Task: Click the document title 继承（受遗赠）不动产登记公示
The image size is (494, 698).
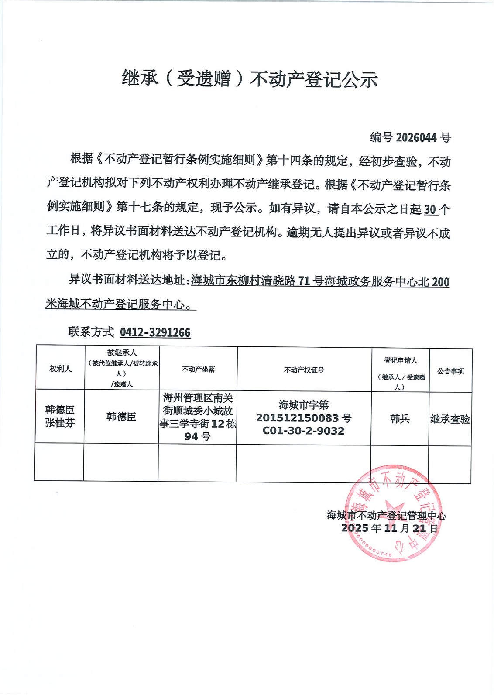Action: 249,79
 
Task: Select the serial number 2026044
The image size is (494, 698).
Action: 416,138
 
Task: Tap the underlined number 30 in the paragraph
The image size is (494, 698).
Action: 430,209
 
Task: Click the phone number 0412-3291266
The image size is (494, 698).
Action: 155,332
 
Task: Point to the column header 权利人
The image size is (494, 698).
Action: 60,369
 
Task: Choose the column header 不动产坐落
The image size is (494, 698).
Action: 198,369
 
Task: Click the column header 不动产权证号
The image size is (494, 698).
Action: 304,370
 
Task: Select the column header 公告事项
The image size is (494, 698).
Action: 450,371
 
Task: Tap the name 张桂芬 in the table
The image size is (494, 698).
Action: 60,423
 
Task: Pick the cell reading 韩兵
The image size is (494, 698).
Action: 400,419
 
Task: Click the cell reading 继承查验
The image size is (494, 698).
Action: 450,419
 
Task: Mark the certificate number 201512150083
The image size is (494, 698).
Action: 298,418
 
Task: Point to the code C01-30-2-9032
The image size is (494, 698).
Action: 303,431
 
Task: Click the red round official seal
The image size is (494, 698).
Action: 393,513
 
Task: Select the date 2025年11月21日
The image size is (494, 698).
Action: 389,528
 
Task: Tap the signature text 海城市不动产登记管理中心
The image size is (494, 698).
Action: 386,515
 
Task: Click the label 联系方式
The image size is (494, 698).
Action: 91,332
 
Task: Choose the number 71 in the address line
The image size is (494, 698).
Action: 304,281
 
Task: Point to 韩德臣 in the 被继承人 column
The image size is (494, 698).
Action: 121,417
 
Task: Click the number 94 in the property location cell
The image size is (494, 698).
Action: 191,436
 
